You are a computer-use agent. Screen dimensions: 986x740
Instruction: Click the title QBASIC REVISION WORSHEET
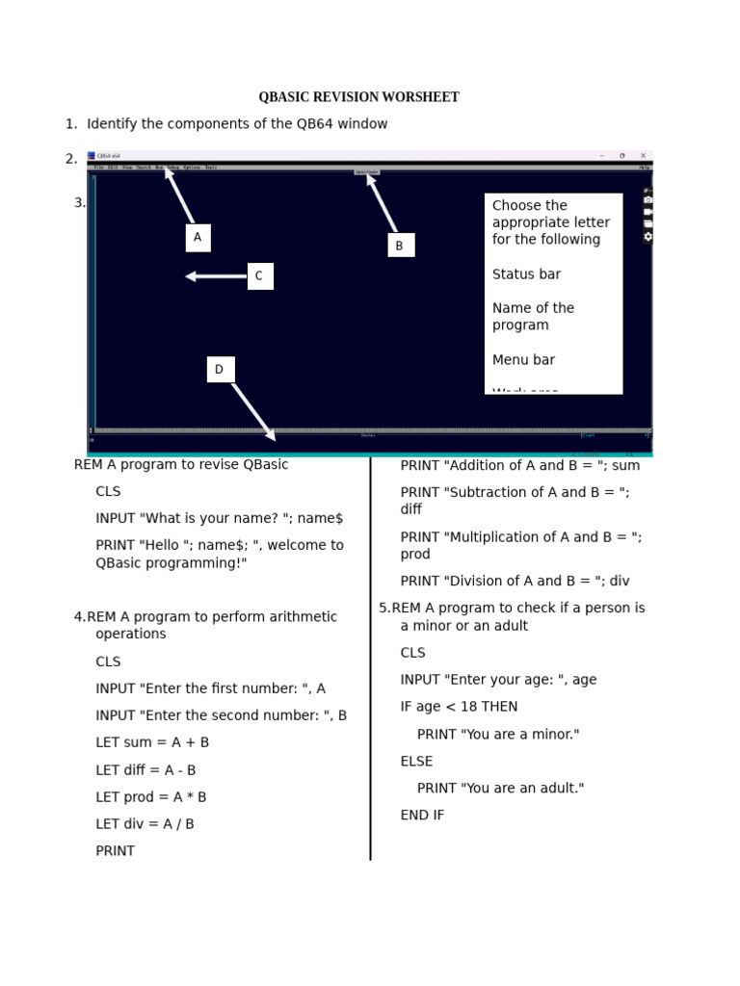coord(358,97)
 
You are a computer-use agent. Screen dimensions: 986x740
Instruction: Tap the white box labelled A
coord(198,238)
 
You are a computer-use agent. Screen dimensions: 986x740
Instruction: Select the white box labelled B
coord(399,246)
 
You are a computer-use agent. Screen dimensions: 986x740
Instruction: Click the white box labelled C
coord(259,276)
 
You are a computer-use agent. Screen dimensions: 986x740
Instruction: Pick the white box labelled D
coord(220,370)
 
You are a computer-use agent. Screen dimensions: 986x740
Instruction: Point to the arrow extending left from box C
coord(216,276)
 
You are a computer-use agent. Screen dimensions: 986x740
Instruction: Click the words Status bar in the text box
coord(526,274)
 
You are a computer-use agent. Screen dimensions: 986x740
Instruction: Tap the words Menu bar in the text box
coord(523,360)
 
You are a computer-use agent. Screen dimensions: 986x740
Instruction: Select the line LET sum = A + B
coord(152,742)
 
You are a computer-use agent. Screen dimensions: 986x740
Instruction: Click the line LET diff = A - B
coord(145,770)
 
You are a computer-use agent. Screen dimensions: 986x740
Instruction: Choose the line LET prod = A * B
coord(151,797)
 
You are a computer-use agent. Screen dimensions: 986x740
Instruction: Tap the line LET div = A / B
coord(145,824)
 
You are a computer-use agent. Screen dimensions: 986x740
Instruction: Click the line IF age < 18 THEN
coord(459,707)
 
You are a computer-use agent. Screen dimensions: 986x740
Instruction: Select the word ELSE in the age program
coord(416,762)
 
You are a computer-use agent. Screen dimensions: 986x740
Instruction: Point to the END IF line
coord(422,816)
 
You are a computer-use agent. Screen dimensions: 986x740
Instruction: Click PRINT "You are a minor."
coord(498,735)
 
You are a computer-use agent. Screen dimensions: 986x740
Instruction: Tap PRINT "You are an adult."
coord(500,789)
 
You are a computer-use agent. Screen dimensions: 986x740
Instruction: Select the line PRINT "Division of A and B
coord(515,582)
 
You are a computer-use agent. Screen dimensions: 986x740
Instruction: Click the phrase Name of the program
coord(533,317)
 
